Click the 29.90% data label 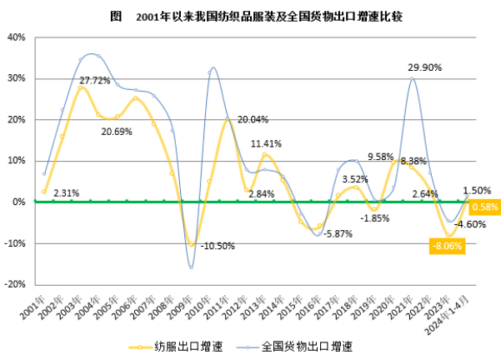tap(424, 67)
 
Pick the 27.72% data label tap(96, 81)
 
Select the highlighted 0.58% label tap(484, 207)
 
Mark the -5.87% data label tap(338, 234)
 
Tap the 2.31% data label tap(66, 193)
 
